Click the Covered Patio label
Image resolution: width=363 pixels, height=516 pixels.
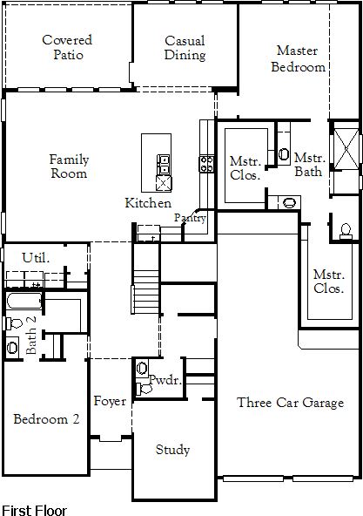tap(67, 47)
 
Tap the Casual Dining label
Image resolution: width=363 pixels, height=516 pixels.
tap(185, 48)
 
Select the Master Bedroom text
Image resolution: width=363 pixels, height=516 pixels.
tap(298, 58)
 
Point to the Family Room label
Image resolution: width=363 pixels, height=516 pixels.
tap(69, 166)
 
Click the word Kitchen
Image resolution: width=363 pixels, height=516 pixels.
tap(148, 203)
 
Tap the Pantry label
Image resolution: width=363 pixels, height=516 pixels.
tap(190, 218)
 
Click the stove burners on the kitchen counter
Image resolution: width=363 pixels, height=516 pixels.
tap(207, 164)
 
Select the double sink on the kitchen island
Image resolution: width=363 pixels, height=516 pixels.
tap(164, 165)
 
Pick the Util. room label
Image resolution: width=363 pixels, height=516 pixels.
tap(36, 257)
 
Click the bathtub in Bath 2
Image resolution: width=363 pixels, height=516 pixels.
tap(24, 301)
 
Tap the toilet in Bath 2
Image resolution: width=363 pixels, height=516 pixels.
tap(14, 323)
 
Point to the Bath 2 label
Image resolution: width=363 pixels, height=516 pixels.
tap(31, 335)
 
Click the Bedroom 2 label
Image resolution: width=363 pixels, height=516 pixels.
tap(46, 419)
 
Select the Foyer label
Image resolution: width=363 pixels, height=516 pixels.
tap(110, 401)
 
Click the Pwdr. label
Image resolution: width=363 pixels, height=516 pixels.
tap(165, 380)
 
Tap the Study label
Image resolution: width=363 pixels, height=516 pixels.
tap(172, 450)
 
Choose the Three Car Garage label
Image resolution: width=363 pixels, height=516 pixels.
tap(291, 403)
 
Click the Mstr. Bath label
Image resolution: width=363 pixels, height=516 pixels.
tap(309, 165)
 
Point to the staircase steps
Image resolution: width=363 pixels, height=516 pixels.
tap(146, 292)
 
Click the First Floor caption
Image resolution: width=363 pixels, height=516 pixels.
tap(34, 510)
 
